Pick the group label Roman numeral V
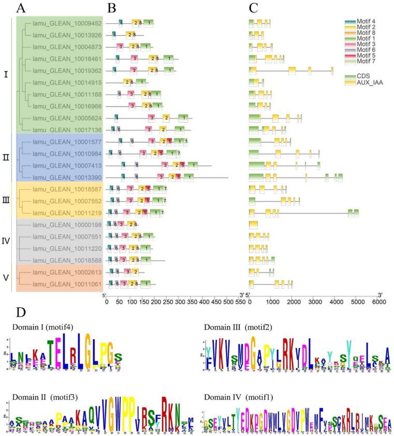tap(6, 278)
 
